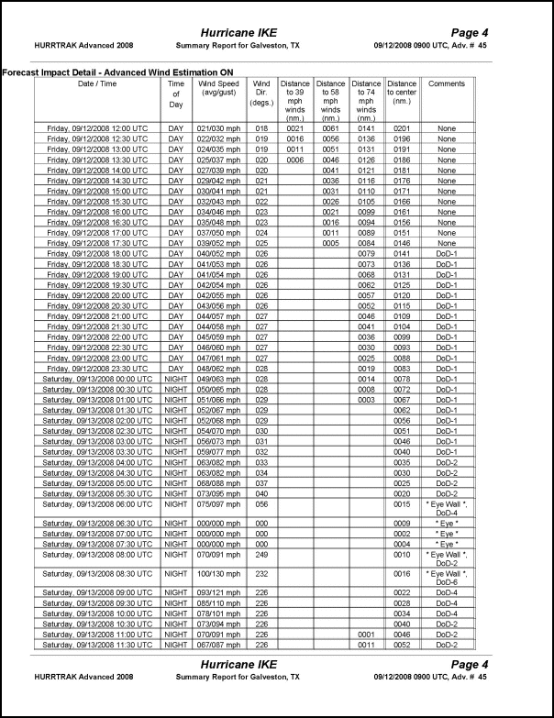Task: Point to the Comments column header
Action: (x=447, y=83)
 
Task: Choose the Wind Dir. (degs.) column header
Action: (x=261, y=94)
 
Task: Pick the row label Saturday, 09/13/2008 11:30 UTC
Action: (x=97, y=644)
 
